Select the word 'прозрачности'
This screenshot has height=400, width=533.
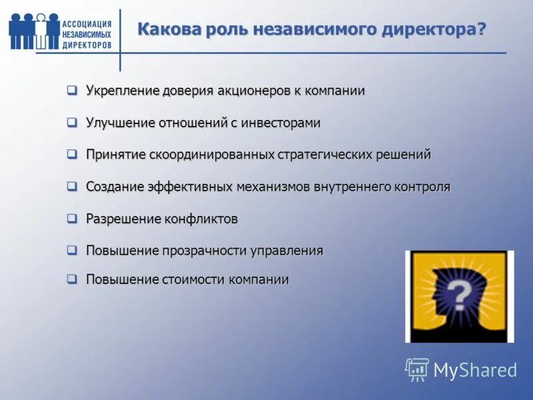point(204,251)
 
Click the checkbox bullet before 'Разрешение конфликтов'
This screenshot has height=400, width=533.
point(72,218)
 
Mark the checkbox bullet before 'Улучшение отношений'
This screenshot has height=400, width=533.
point(72,123)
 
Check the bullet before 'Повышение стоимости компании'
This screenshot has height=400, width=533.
point(72,279)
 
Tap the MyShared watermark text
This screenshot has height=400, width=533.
point(475,370)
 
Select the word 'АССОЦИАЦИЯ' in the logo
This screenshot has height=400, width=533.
point(87,24)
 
